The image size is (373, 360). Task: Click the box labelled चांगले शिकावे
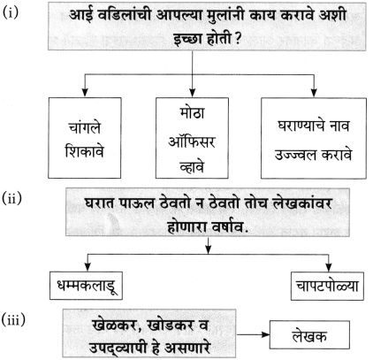85,138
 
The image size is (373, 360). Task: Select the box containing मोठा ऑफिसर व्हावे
192,138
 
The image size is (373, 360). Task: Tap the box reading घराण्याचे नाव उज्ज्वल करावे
314,138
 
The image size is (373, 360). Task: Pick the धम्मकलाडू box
86,286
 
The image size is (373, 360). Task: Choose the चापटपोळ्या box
327,287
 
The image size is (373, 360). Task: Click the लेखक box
309,335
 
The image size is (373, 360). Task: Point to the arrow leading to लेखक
253,334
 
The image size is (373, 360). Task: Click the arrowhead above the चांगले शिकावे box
85,92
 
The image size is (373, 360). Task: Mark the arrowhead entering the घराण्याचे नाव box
314,92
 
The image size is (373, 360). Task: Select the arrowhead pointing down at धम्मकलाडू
87,267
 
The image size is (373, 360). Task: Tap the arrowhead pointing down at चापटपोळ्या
329,267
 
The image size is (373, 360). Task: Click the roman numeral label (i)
11,12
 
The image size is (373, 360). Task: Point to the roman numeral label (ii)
12,198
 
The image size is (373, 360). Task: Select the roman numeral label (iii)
14,320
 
